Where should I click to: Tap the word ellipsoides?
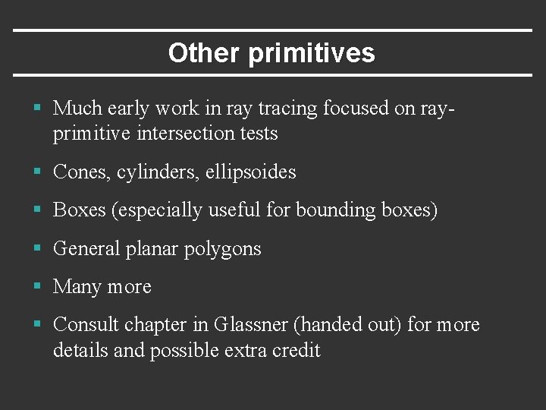252,173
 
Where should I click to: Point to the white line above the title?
273,30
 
